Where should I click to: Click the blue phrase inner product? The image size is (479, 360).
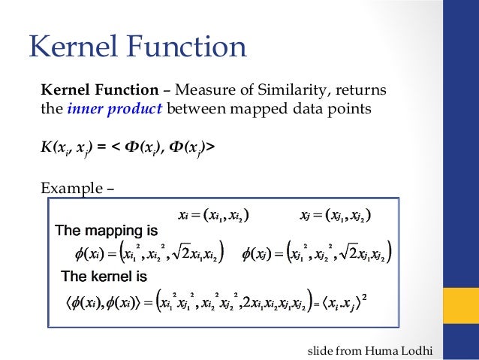click(x=115, y=110)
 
